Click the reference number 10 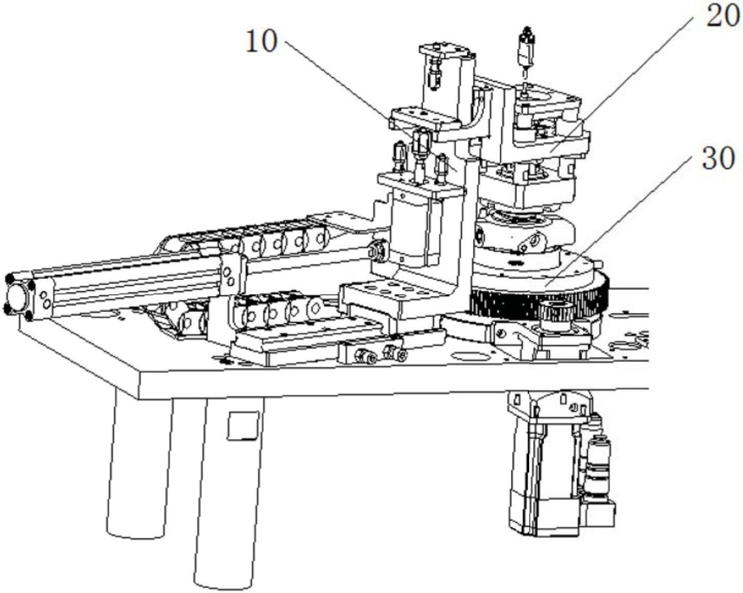pyautogui.click(x=261, y=41)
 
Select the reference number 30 pyautogui.click(x=718, y=158)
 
